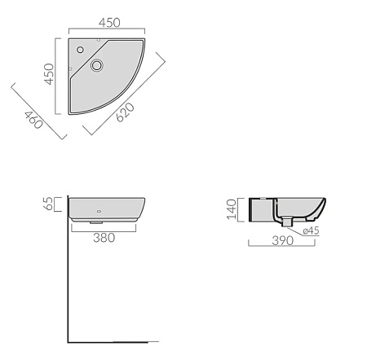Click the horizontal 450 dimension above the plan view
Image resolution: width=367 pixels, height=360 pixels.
click(x=109, y=23)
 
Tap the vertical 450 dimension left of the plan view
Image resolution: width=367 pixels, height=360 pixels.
click(x=49, y=74)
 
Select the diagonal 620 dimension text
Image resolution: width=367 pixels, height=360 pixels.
click(x=125, y=112)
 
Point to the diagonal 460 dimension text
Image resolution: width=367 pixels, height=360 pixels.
click(x=33, y=120)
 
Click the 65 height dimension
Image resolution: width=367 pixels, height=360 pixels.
click(x=48, y=204)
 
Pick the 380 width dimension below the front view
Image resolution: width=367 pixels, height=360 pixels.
click(x=104, y=238)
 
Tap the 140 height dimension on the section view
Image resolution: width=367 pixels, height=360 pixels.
click(x=232, y=209)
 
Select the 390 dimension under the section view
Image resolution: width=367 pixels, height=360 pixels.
click(x=283, y=241)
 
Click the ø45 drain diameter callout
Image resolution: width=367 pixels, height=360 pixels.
click(x=311, y=230)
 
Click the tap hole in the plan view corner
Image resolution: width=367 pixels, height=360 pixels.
click(x=80, y=50)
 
